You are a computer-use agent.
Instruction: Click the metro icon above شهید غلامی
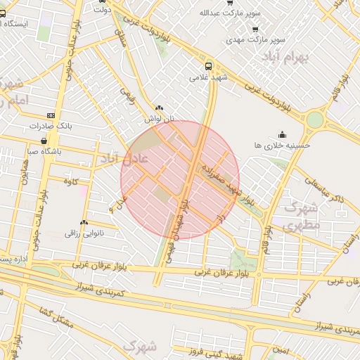208,66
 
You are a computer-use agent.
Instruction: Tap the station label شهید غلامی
203,77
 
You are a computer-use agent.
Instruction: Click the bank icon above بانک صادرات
51,115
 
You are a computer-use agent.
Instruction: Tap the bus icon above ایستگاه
2,13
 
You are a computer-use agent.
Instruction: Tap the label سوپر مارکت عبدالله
229,13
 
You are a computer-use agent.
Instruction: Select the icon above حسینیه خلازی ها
283,134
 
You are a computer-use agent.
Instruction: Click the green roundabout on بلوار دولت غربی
314,120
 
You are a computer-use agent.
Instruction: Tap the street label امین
281,349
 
